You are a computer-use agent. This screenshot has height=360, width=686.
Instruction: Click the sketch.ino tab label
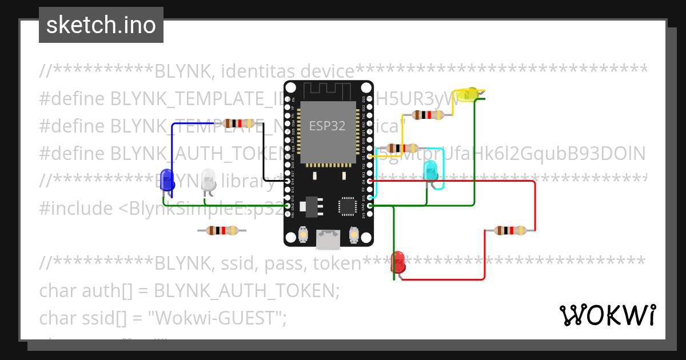click(x=101, y=25)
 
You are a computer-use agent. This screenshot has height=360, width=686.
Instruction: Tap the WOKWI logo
click(x=607, y=315)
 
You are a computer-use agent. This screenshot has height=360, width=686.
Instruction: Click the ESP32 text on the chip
click(x=327, y=126)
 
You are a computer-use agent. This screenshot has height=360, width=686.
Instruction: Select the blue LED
click(x=166, y=178)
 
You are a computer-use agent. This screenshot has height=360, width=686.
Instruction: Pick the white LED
click(x=209, y=179)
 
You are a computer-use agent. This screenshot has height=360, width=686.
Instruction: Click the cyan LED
click(x=430, y=170)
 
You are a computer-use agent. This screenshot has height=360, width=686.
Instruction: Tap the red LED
click(x=398, y=262)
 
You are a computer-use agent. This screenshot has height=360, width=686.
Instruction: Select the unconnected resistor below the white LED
click(x=222, y=230)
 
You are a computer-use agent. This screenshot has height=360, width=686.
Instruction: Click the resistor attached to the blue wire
click(x=238, y=123)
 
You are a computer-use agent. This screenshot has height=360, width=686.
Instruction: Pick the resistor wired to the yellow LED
click(x=428, y=115)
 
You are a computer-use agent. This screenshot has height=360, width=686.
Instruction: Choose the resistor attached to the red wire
click(x=510, y=230)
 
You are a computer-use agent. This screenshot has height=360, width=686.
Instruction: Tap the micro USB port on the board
click(x=328, y=240)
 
